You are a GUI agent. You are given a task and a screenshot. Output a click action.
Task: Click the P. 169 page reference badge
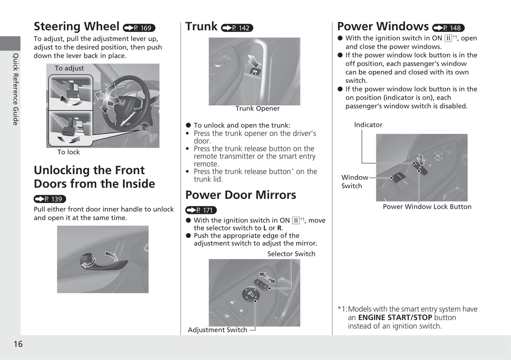pos(139,28)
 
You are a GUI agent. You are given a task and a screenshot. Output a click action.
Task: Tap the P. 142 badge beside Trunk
pos(237,28)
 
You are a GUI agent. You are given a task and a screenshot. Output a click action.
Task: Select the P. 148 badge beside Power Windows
pos(448,28)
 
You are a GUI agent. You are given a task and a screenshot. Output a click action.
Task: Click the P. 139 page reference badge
pos(50,199)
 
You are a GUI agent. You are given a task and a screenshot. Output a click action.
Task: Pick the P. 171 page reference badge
pos(201,210)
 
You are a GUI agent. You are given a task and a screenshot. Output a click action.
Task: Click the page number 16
pos(18,344)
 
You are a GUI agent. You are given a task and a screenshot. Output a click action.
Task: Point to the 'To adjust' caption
pos(69,68)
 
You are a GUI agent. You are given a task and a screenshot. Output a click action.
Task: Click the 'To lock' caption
pos(69,152)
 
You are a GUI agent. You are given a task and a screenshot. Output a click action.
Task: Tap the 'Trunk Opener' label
pos(257,108)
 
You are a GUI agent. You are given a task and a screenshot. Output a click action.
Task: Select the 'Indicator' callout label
pos(368,125)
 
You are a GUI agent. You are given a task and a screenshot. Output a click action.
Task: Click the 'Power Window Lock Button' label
pos(427,207)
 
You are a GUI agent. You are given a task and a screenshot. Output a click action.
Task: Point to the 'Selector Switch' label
pos(291,254)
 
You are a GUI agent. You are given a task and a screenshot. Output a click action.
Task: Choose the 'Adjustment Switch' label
pos(217,330)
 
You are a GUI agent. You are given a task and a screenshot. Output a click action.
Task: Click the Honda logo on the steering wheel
pos(121,103)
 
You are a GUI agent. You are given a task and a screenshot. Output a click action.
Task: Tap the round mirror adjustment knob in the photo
pos(251,294)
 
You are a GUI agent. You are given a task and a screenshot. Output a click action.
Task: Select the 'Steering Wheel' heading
pos(76,26)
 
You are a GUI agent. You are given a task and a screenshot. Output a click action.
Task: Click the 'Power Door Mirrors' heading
pos(240,195)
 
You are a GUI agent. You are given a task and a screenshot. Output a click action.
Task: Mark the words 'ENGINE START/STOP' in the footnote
pos(395,317)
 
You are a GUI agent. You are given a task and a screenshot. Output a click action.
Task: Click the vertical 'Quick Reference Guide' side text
pos(16,89)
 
